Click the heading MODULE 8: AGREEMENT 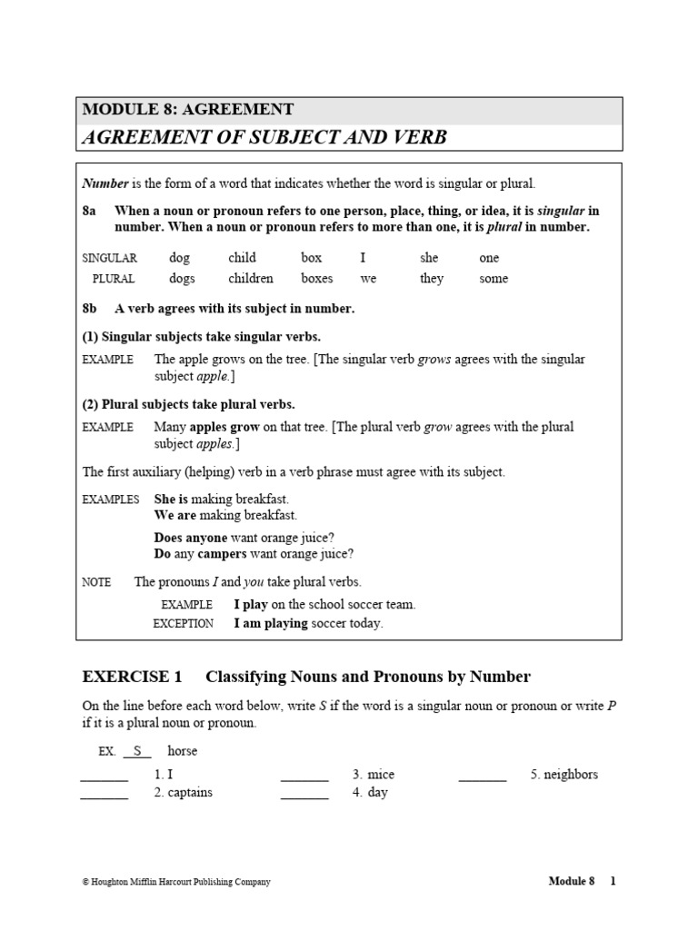188,110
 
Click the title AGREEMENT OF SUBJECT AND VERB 264,137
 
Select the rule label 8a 89,211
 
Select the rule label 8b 89,309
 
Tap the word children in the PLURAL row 251,279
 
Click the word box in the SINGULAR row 312,258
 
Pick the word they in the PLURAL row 432,279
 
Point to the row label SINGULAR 109,259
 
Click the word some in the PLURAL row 494,279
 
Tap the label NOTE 96,582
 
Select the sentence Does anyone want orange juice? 244,538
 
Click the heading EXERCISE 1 133,677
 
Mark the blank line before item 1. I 105,778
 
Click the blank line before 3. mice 304,778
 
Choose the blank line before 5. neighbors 483,778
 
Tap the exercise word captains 190,793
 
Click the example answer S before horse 138,751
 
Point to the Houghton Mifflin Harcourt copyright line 176,882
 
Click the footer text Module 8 571,881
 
